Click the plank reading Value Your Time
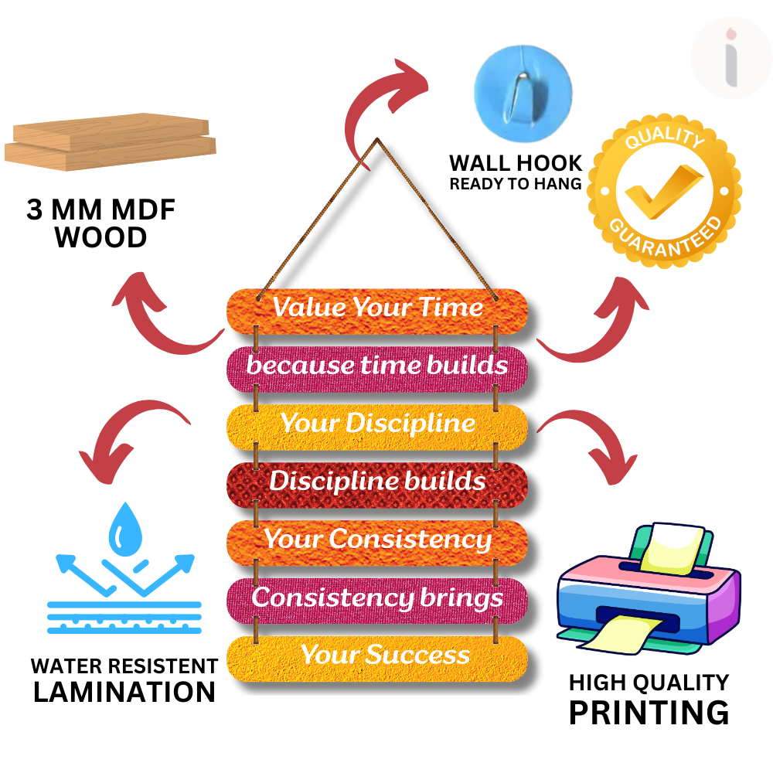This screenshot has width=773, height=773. click(377, 308)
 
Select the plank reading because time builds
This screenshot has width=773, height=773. click(377, 366)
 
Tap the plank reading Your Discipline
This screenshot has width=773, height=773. click(377, 424)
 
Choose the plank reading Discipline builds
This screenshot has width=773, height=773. click(377, 482)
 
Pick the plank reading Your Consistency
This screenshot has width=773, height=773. click(377, 540)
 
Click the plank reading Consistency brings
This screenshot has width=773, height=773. click(377, 598)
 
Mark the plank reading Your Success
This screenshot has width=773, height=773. click(377, 656)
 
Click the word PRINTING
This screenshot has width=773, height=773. click(649, 712)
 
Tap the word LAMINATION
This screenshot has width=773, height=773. click(124, 691)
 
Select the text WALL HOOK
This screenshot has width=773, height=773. click(516, 163)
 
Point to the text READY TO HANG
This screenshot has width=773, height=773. click(516, 184)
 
